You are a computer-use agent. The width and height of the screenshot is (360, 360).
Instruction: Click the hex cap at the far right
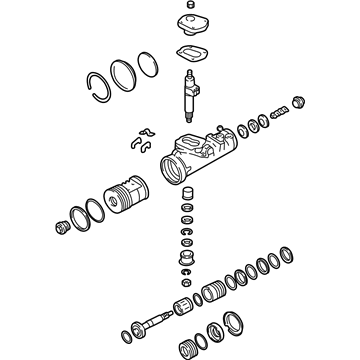(x=294, y=103)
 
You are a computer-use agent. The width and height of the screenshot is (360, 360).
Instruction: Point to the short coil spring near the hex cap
(x=278, y=113)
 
